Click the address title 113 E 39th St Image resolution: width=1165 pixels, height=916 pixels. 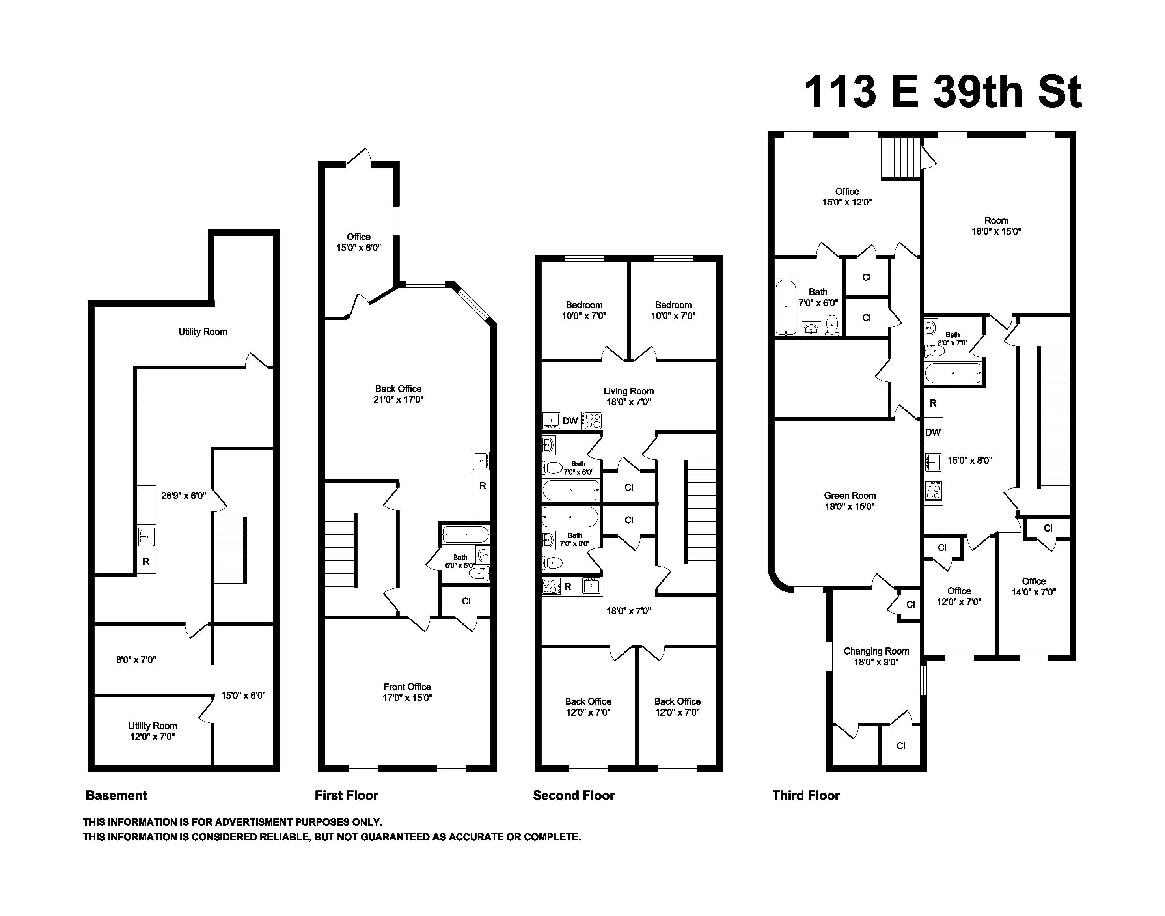(943, 92)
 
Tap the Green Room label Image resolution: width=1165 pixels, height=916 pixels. (850, 501)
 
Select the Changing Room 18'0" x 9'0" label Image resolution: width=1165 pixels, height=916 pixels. (876, 657)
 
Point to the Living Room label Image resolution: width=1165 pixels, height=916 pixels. (628, 396)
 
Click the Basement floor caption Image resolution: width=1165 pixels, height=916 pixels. (116, 795)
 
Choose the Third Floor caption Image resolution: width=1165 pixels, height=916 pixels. (806, 795)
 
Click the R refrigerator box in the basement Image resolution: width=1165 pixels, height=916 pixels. (146, 562)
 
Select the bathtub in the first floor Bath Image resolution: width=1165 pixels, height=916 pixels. (465, 535)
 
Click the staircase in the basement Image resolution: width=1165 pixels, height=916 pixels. (230, 549)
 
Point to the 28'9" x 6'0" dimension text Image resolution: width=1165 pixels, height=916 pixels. (183, 496)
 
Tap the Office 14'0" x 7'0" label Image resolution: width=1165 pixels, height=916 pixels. (1033, 586)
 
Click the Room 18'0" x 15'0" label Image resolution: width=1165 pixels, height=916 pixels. (996, 226)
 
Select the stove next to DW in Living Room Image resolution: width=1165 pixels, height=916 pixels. (593, 420)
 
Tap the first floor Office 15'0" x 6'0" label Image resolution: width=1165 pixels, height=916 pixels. (358, 242)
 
